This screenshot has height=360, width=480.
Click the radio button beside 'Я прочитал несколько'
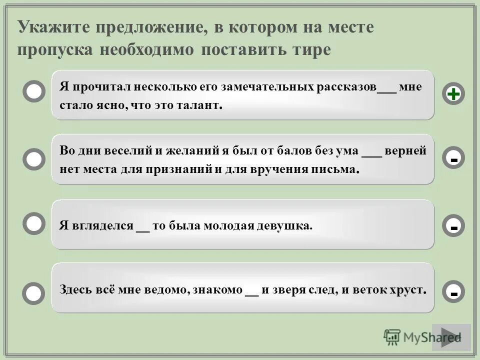click(34, 92)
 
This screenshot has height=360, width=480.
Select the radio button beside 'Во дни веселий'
click(34, 159)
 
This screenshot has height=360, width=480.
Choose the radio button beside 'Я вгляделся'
click(34, 224)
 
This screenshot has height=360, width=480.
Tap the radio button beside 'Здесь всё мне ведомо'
click(34, 292)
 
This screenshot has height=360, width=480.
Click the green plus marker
click(453, 94)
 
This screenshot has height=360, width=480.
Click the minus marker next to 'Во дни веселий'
click(453, 159)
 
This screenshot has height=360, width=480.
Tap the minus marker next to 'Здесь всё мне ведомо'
click(453, 291)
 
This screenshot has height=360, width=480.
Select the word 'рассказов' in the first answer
click(346, 87)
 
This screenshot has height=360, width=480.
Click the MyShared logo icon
click(392, 337)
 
